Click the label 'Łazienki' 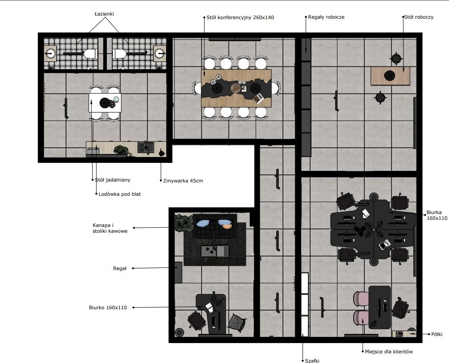click(104, 14)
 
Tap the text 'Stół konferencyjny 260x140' click(240, 17)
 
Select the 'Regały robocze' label click(326, 17)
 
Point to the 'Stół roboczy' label click(419, 17)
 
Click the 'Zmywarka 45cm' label click(183, 181)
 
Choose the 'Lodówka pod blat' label click(120, 194)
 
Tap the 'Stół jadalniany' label click(113, 180)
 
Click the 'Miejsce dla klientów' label click(389, 352)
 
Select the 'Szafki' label click(312, 361)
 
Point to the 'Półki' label click(437, 334)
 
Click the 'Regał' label click(120, 268)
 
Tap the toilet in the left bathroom click(90, 53)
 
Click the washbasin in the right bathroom click(159, 53)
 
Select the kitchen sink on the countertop click(146, 148)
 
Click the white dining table click(105, 103)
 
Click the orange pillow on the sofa click(227, 226)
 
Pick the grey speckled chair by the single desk click(237, 323)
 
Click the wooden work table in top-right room click(390, 76)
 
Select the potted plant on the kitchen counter click(121, 150)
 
